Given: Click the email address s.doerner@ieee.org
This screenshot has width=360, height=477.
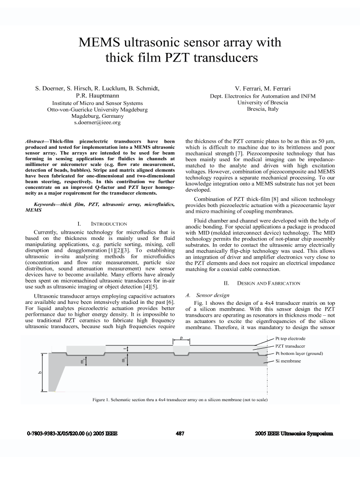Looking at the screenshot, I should tap(97, 123).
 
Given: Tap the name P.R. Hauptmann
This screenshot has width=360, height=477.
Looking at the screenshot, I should tap(97, 95).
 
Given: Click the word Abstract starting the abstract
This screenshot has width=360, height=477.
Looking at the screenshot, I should tap(35, 142).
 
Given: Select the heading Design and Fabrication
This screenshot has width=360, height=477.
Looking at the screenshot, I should tap(268, 283).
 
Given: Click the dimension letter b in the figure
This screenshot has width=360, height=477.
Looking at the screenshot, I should tap(40, 373).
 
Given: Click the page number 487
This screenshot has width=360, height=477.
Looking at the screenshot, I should tap(180, 434).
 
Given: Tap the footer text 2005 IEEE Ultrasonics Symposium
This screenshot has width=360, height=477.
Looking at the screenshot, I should tap(294, 434).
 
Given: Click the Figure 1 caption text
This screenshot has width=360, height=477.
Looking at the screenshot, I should tap(180, 399).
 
